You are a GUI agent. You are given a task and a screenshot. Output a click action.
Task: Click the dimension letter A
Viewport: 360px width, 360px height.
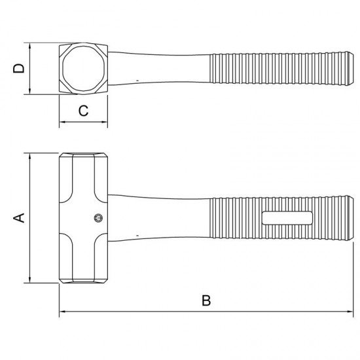[19, 218]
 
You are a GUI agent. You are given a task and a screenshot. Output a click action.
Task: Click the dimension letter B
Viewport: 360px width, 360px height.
[206, 300]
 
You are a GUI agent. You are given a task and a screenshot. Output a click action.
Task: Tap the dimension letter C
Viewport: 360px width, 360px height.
[83, 111]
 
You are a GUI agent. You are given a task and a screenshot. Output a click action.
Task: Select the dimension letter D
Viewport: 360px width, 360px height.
[18, 69]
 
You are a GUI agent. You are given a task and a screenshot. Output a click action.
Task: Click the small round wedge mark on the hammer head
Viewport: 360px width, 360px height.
[98, 218]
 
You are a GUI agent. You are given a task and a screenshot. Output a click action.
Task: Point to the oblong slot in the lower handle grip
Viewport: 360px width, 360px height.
[287, 218]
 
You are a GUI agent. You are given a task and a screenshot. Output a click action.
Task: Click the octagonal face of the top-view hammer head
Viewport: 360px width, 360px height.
[84, 69]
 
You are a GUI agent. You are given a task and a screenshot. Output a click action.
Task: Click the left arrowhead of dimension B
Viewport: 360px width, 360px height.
[62, 312]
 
